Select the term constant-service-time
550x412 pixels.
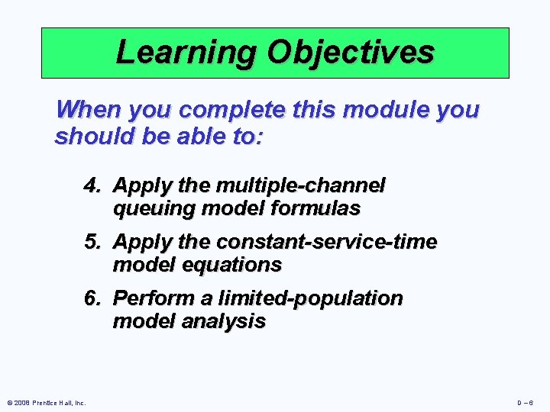[327, 242]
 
